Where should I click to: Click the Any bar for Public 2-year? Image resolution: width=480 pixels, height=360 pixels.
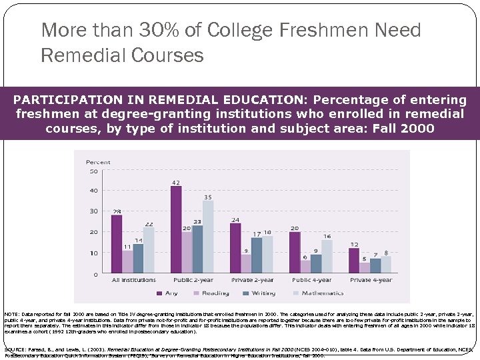176,229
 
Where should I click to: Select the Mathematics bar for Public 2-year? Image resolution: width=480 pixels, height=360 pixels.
208,237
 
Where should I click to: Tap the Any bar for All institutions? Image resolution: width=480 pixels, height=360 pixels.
117,244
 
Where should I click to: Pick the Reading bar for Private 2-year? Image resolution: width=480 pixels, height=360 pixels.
246,264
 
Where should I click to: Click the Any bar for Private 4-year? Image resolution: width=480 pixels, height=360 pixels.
353,261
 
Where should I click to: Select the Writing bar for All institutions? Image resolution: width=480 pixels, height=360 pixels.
138,259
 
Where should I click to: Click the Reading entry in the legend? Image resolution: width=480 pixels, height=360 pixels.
215,293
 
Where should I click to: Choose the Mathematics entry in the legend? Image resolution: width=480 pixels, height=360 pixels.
322,293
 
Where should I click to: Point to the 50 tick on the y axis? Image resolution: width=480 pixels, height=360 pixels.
94,171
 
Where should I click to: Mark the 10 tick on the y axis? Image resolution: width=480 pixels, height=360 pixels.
94,253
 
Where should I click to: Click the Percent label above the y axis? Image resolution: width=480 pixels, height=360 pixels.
98,162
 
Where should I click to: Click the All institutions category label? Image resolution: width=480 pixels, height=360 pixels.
133,280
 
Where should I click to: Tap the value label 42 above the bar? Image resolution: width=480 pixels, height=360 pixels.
176,182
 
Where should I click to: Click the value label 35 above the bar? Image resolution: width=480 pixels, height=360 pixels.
208,197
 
